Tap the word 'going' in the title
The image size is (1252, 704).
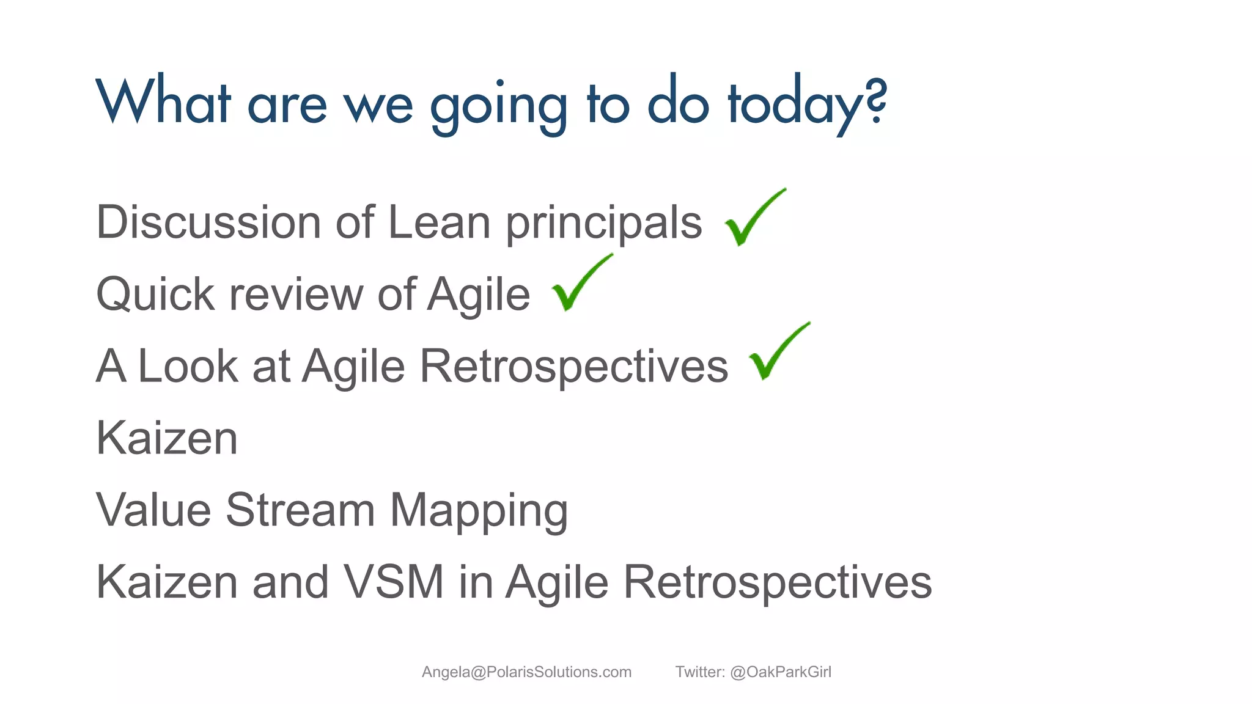[x=499, y=105]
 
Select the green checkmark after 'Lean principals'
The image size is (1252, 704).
[x=753, y=219]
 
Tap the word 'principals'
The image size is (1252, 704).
[x=603, y=223]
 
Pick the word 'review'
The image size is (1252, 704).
[x=296, y=295]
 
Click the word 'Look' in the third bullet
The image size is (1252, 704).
[x=188, y=366]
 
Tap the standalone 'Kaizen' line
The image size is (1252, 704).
[x=167, y=438]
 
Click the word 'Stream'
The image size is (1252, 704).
[x=300, y=510]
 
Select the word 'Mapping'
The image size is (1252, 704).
[x=479, y=511]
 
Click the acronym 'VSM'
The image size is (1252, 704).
[x=393, y=582]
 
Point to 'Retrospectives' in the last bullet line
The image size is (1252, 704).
[x=777, y=583]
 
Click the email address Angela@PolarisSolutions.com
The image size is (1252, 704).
[x=526, y=672]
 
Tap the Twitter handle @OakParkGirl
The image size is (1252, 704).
[x=780, y=672]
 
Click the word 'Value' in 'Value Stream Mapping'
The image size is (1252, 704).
[x=153, y=510]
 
